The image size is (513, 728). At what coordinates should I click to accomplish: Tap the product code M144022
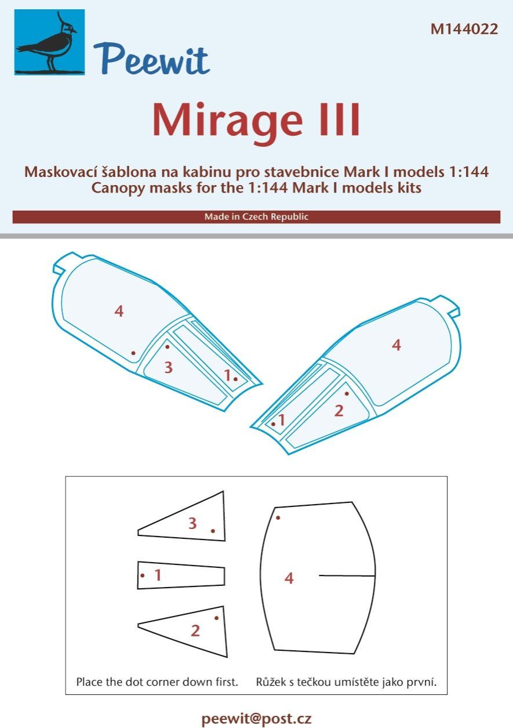pos(464,30)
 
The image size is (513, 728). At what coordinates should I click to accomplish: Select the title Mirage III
pos(256,121)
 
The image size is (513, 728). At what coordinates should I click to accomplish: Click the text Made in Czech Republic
pos(256,217)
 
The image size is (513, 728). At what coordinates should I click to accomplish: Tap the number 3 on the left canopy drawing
pos(168,367)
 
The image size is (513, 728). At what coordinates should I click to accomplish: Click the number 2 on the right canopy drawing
pos(339,411)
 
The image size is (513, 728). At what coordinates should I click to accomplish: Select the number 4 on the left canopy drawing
pos(119,312)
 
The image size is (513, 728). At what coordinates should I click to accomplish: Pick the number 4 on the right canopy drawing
pos(396,345)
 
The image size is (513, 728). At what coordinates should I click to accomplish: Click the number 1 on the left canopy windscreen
pos(228,375)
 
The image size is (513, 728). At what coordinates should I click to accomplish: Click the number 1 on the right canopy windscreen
pos(282,420)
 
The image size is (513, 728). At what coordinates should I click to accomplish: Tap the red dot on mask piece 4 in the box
pos(278,517)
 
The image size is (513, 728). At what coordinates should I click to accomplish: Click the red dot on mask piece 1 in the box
pos(143,575)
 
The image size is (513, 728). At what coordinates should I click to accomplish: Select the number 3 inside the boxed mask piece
pos(192,524)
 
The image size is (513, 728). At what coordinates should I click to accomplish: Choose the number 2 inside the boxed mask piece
pos(195,631)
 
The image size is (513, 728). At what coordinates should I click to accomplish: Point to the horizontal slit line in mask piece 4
pos(347,575)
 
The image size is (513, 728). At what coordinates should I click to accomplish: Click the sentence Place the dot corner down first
pos(157,682)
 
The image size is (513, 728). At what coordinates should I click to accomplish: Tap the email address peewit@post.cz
pos(256,719)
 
